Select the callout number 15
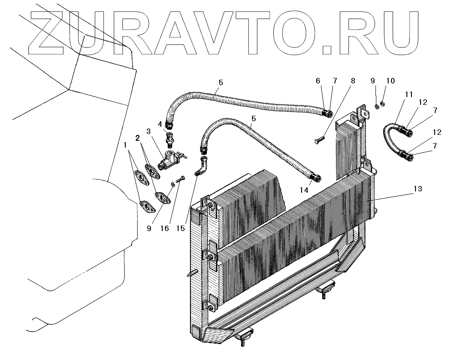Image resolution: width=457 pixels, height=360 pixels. (x=181, y=228)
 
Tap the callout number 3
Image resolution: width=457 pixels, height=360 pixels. (x=149, y=131)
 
